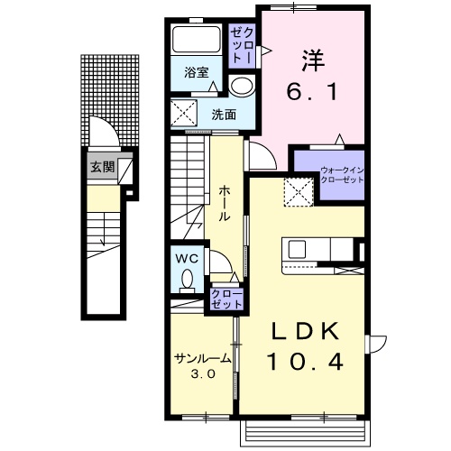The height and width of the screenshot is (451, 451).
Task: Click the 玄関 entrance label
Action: point(103,167)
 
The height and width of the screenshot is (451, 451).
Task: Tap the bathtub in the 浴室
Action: point(196,40)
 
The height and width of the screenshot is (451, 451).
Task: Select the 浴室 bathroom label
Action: point(197,72)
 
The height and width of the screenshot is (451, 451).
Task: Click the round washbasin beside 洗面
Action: point(242,85)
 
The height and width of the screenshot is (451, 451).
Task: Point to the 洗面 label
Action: point(224,115)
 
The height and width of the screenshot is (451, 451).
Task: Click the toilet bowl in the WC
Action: point(188,278)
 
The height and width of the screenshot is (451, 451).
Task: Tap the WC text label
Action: point(187,259)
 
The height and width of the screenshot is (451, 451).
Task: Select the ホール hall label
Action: point(224,204)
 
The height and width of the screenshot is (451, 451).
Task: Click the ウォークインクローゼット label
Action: point(342,175)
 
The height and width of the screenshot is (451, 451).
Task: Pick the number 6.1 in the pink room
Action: point(312,92)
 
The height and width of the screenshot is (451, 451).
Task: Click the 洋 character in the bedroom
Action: point(313,60)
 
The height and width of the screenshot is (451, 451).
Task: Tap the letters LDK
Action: point(305,331)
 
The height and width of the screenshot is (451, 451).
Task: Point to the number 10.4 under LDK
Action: point(305,362)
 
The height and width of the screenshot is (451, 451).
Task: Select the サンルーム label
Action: point(203,358)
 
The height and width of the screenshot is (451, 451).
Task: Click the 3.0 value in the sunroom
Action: point(203,373)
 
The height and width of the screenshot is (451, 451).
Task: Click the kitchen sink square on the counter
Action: point(297,249)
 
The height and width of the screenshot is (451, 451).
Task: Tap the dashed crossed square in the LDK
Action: point(299,192)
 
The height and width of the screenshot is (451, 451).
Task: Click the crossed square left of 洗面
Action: point(184,112)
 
